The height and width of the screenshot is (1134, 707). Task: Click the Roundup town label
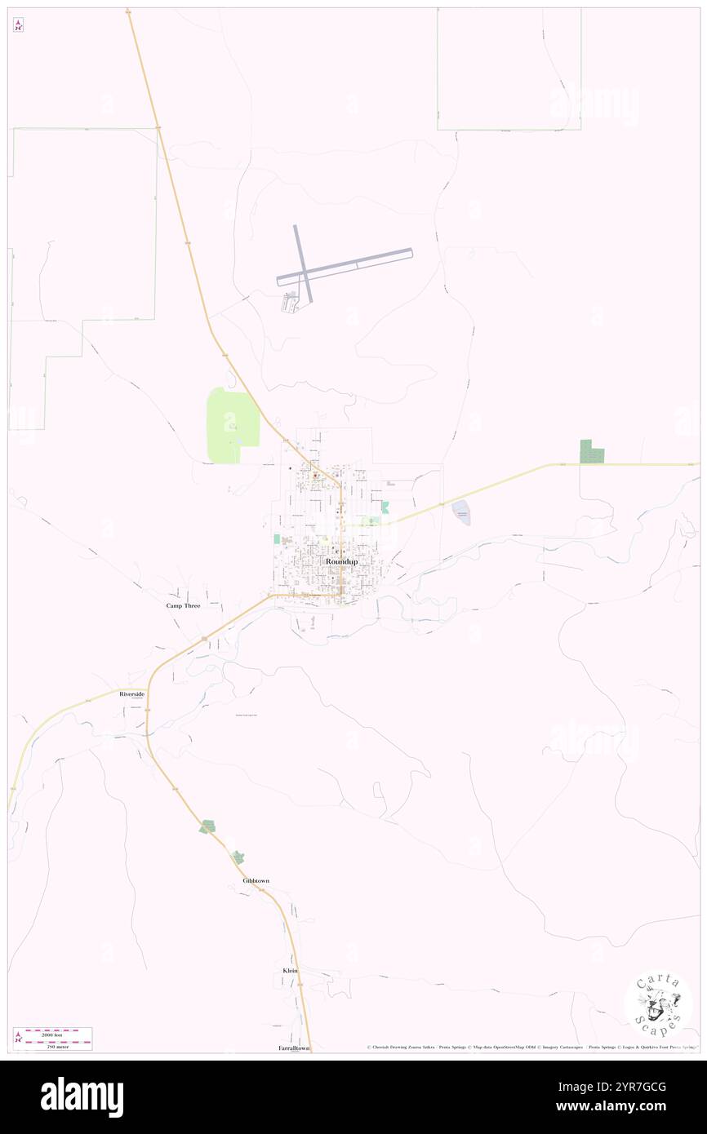point(341,561)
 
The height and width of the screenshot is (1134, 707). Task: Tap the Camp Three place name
point(183,606)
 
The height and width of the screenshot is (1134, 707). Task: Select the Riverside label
point(131,693)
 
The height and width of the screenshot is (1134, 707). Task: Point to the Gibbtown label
point(256,881)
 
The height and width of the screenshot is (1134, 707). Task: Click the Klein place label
point(290,970)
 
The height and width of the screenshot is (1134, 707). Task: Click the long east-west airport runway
point(345,267)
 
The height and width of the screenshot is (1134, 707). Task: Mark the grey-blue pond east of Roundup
point(461,512)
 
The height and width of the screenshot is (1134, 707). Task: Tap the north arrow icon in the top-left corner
point(18,24)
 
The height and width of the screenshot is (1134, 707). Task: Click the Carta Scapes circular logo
point(658,1003)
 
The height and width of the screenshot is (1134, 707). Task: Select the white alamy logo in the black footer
point(82,1097)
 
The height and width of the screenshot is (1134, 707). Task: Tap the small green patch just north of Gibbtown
point(238,857)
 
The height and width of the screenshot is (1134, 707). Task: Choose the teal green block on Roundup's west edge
point(276,538)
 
